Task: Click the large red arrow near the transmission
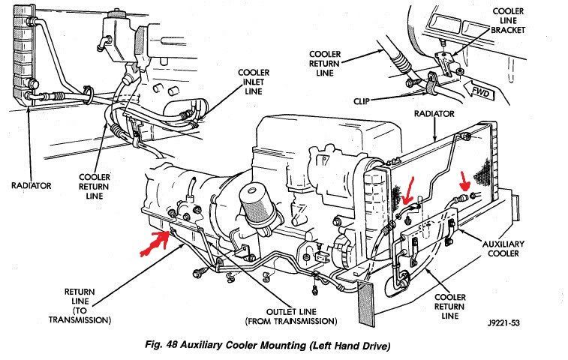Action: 153,242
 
